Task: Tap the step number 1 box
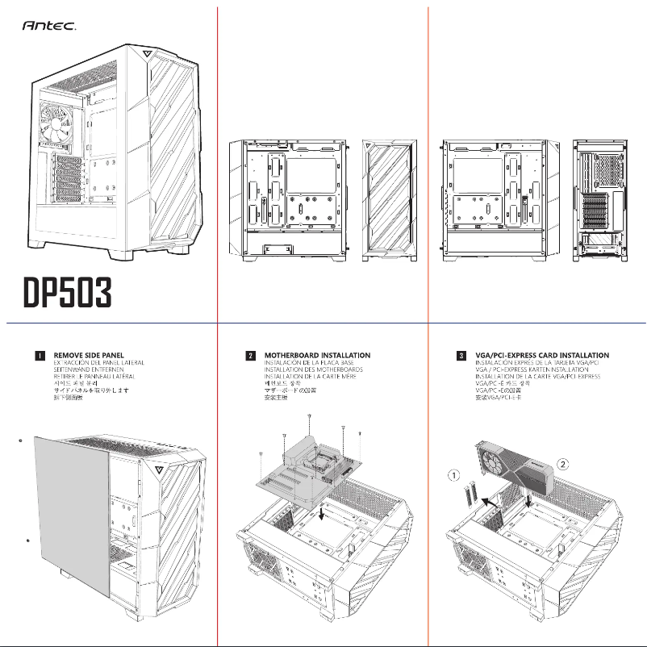click(38, 355)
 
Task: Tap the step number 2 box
click(251, 355)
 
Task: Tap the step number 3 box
click(461, 355)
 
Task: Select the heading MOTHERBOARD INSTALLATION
click(317, 355)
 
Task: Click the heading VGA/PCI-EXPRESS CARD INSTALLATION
click(543, 355)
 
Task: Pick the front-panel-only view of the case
click(390, 200)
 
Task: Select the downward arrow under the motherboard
click(323, 512)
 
